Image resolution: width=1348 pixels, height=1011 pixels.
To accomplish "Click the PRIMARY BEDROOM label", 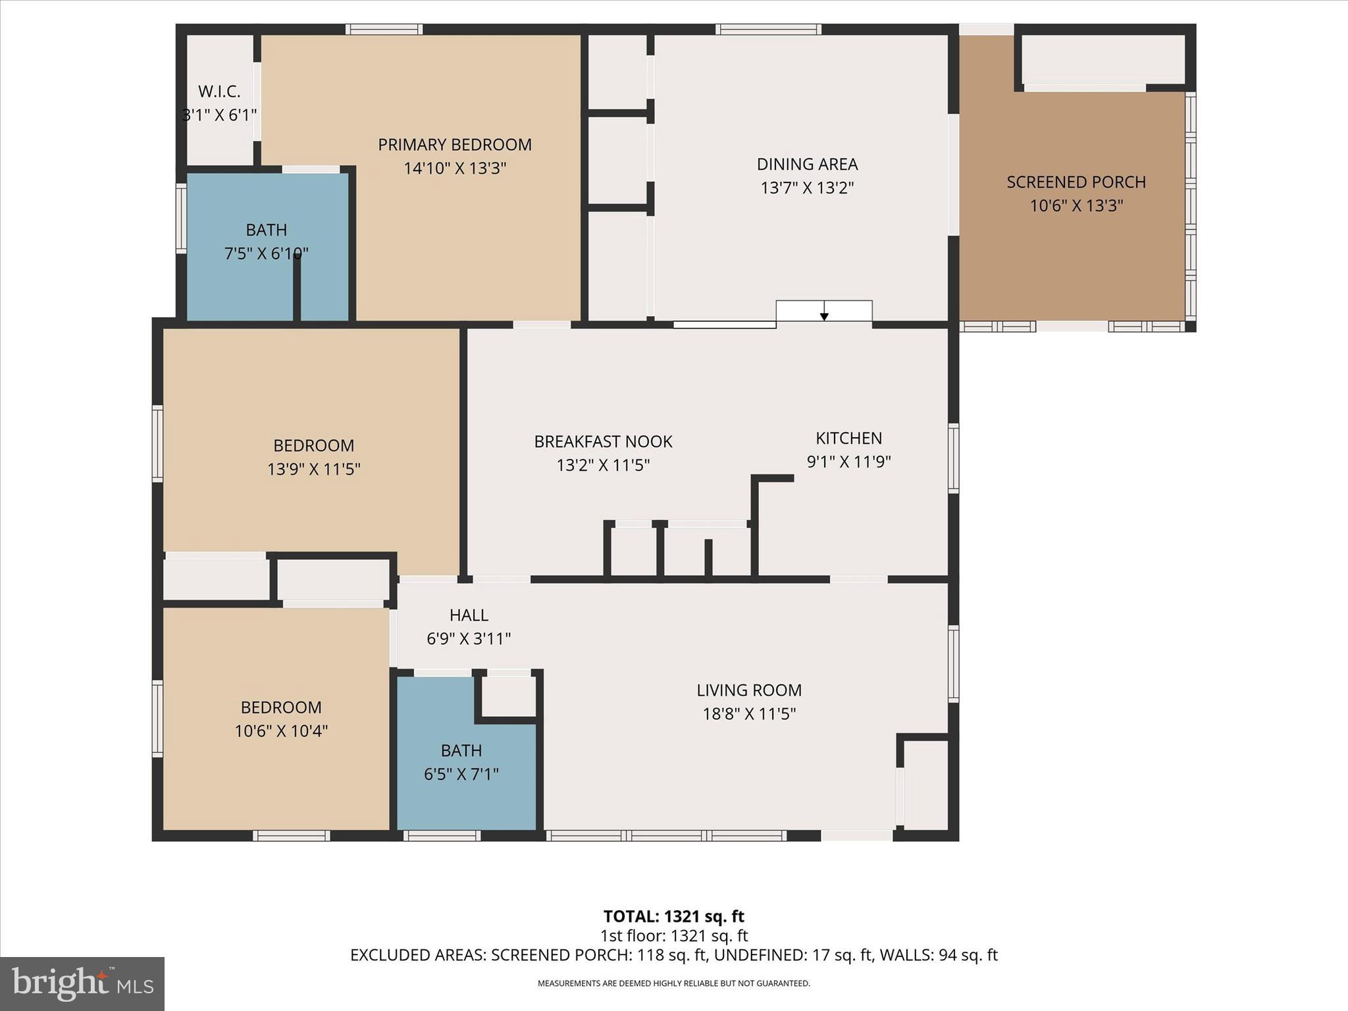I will click(454, 145).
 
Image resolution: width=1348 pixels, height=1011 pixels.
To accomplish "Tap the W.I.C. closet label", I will click(219, 92).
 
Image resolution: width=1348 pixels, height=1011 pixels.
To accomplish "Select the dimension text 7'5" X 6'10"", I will click(267, 253).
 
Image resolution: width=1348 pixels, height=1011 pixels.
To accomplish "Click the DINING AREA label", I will click(807, 164).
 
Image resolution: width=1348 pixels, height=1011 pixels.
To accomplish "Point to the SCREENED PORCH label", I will click(1076, 182).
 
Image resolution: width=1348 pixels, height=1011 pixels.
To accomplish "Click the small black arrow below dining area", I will click(824, 317).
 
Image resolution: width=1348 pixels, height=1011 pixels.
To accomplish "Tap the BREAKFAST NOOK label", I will click(603, 442).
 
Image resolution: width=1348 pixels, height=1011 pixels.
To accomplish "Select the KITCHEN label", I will click(848, 438).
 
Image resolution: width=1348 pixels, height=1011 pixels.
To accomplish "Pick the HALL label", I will click(469, 615).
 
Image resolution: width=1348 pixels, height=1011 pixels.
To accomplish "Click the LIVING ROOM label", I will click(749, 690).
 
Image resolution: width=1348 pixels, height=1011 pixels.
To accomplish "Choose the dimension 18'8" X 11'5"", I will click(749, 714).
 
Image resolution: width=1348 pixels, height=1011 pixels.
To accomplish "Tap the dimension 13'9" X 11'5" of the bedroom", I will click(313, 469).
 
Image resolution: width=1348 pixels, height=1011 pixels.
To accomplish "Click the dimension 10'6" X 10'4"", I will click(281, 731).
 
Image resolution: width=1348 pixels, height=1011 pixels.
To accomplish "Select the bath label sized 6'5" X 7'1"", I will click(461, 750).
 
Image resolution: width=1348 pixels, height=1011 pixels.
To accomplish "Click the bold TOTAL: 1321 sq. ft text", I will click(673, 916).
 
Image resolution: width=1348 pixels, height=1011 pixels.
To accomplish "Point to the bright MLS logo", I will click(82, 983).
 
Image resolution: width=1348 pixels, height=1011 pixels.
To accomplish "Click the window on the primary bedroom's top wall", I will click(384, 29).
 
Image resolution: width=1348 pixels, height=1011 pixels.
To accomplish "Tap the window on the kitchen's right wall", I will click(953, 458).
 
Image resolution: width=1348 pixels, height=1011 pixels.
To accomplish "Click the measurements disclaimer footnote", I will click(673, 983).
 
